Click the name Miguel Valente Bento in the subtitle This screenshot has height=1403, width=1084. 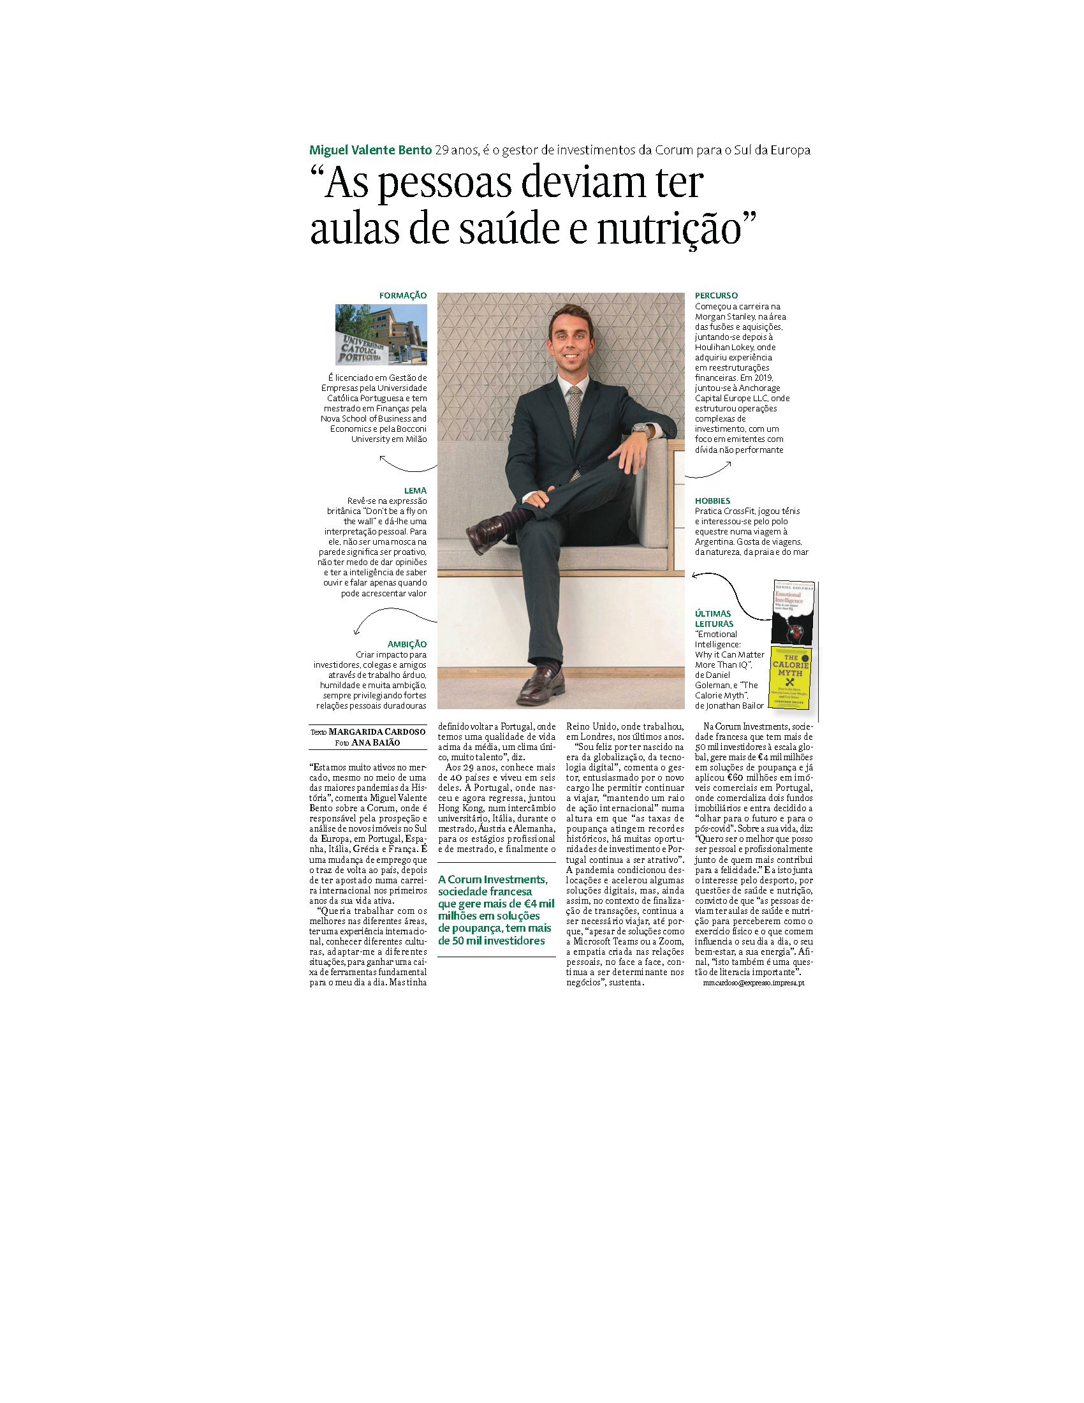click(370, 151)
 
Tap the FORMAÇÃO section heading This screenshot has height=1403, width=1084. click(402, 295)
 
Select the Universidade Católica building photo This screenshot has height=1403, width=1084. click(381, 335)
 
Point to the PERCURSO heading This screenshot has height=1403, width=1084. click(716, 295)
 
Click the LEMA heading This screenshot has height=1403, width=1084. click(415, 491)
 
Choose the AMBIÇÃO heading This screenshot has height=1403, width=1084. click(407, 644)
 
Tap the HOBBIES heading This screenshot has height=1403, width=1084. click(712, 501)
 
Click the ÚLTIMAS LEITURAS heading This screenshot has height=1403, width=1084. click(714, 619)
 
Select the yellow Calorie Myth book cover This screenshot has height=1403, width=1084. click(790, 678)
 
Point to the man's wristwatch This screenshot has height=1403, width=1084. click(640, 429)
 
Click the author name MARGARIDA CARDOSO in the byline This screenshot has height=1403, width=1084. click(377, 731)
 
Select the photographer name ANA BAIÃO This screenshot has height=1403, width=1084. click(376, 742)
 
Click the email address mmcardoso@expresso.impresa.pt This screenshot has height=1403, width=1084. click(753, 983)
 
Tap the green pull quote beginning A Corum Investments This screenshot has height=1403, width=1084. click(495, 909)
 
